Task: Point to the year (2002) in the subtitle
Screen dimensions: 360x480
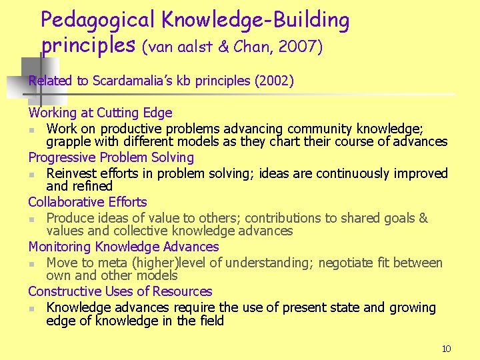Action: pos(274,81)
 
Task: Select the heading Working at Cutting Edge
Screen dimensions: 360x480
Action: pos(100,113)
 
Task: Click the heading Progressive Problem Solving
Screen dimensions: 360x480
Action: pos(111,157)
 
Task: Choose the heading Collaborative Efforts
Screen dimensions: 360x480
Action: pos(87,202)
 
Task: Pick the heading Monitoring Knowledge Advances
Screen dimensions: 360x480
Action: pos(123,247)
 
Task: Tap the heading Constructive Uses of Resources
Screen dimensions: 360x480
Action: pos(120,291)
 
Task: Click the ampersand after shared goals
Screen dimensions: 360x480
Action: pos(423,218)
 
